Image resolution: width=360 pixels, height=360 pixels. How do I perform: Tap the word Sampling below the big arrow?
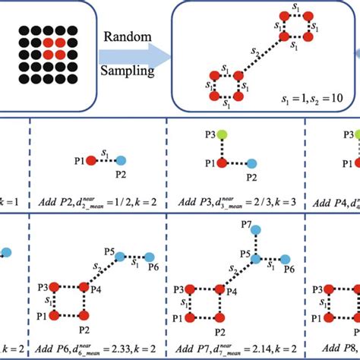129,72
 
